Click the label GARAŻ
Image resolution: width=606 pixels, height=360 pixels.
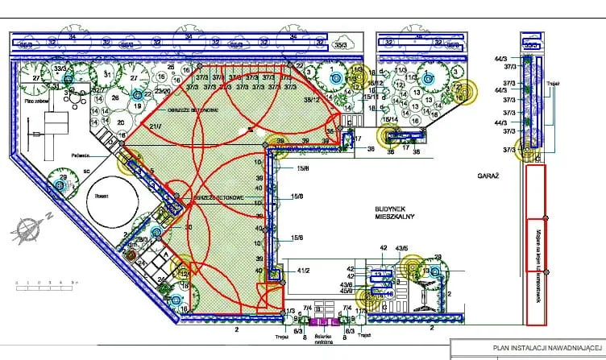[486, 174]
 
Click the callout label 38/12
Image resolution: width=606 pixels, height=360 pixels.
[311, 99]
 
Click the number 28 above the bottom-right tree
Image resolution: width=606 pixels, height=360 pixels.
[438, 257]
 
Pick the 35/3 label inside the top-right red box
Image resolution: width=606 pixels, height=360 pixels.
[529, 46]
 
